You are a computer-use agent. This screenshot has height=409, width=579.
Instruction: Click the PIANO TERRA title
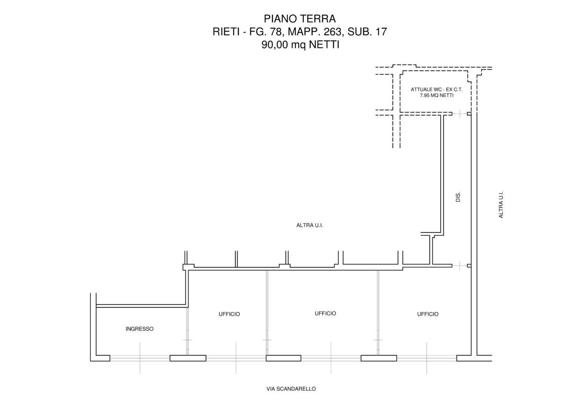(x=300, y=19)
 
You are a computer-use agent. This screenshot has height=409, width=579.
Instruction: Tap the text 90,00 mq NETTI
(x=300, y=45)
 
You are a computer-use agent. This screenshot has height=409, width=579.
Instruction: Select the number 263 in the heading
(x=330, y=32)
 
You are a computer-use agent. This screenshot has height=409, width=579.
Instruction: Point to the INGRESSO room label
(x=139, y=329)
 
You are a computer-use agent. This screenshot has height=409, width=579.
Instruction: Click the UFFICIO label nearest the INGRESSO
(x=229, y=314)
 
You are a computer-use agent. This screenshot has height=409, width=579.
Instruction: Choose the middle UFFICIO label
(x=325, y=314)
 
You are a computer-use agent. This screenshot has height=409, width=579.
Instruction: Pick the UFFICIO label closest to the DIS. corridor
(x=428, y=314)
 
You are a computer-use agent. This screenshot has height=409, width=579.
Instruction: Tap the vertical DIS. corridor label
(x=458, y=197)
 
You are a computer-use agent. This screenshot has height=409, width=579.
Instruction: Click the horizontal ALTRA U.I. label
(x=310, y=225)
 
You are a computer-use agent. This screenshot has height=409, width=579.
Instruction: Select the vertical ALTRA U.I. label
(x=501, y=204)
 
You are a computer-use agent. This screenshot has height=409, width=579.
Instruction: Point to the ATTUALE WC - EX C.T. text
(x=436, y=90)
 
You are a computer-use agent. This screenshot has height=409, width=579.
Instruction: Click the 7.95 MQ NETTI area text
(x=436, y=95)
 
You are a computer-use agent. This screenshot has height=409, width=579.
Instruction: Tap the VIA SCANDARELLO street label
(x=291, y=389)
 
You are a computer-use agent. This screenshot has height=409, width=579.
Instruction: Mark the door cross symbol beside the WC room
(x=460, y=114)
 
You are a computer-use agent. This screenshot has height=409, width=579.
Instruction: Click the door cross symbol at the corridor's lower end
(x=460, y=266)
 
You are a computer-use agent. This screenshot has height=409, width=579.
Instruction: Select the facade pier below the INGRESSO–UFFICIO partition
(x=188, y=358)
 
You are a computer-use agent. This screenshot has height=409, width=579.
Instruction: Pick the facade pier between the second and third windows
(x=284, y=358)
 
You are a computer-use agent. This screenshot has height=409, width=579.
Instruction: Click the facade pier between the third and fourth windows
(x=379, y=358)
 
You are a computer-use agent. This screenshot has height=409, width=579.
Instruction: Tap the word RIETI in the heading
(x=225, y=32)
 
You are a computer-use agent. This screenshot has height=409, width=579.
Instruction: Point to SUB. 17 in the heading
(x=367, y=32)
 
